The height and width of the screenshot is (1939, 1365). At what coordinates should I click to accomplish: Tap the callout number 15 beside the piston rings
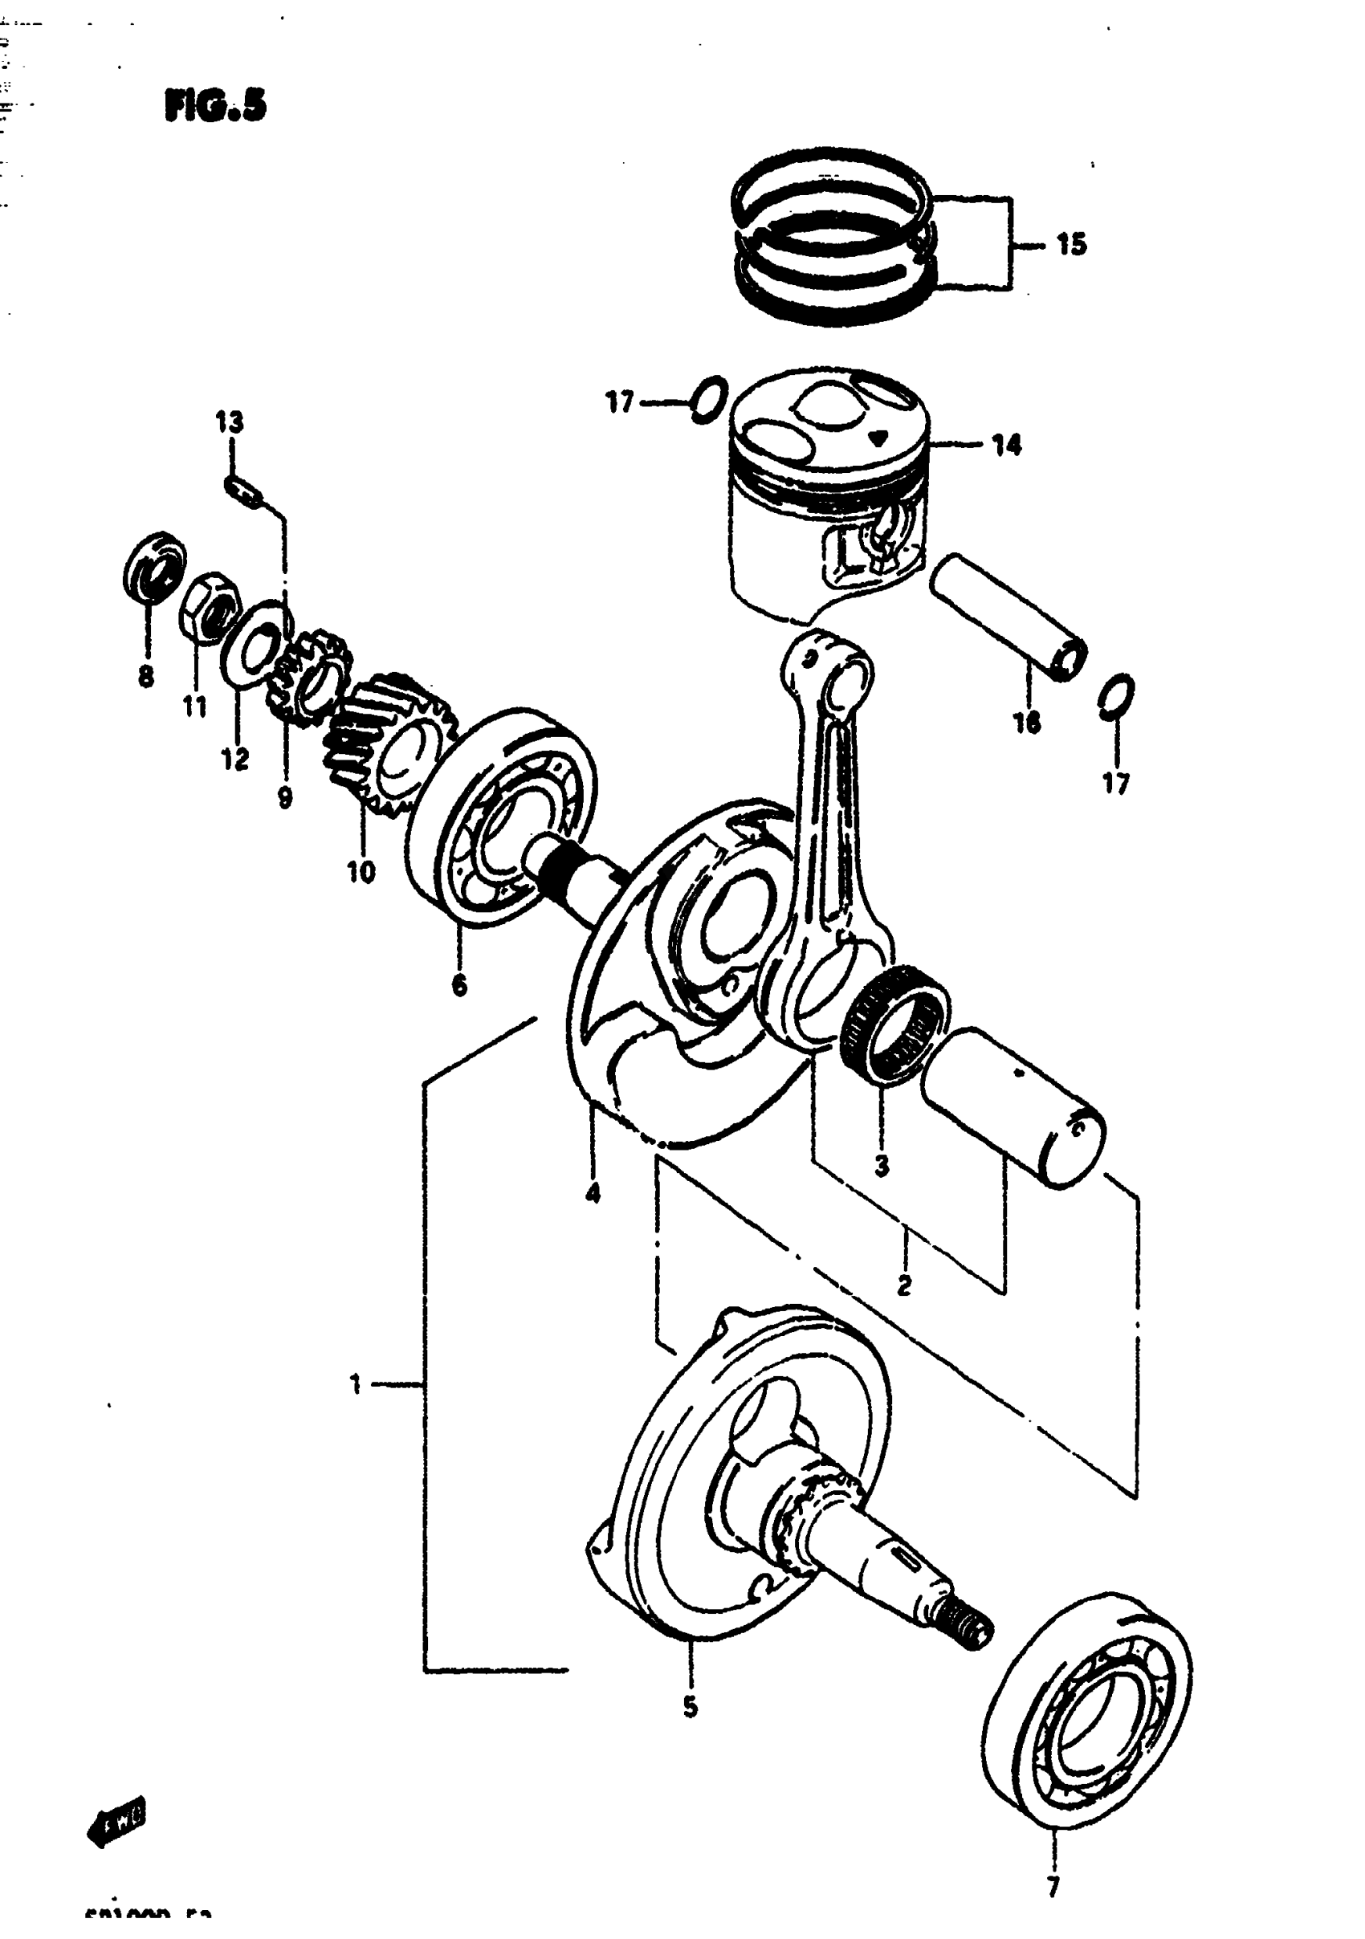[1071, 245]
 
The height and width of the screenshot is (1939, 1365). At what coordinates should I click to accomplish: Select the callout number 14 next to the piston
[1005, 445]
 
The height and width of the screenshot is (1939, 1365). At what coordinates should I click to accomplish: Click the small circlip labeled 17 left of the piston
[708, 400]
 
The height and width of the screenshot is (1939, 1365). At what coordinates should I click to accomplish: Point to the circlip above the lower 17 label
[1117, 698]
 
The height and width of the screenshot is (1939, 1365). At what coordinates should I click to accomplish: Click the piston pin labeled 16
[1008, 616]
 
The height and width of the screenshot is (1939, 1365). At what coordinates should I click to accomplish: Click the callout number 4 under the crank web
[592, 1192]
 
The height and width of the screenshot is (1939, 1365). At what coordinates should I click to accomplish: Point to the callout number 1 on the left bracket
[356, 1384]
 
